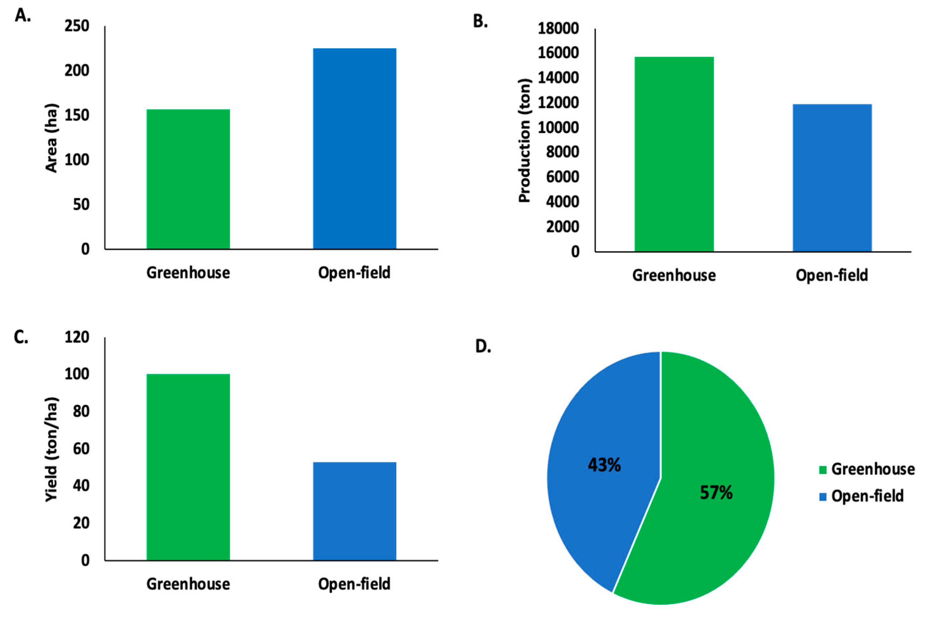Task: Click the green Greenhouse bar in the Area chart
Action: (188, 179)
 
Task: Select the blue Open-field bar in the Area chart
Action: (355, 149)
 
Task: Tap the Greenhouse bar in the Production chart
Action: (674, 154)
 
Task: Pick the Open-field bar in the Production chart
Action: (832, 178)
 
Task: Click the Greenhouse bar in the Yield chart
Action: (188, 467)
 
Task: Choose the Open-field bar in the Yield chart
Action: (355, 511)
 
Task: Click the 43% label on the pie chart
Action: (604, 465)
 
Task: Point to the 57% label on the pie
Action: (716, 493)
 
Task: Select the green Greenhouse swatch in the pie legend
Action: (823, 470)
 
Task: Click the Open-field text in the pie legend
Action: (867, 496)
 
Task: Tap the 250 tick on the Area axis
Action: (77, 26)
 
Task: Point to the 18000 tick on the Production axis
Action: (558, 28)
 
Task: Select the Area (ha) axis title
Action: (52, 138)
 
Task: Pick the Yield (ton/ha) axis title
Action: (52, 449)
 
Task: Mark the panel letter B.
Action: (480, 22)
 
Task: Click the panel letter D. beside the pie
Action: (483, 346)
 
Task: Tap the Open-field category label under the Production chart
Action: (832, 275)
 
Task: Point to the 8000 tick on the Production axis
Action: (562, 152)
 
